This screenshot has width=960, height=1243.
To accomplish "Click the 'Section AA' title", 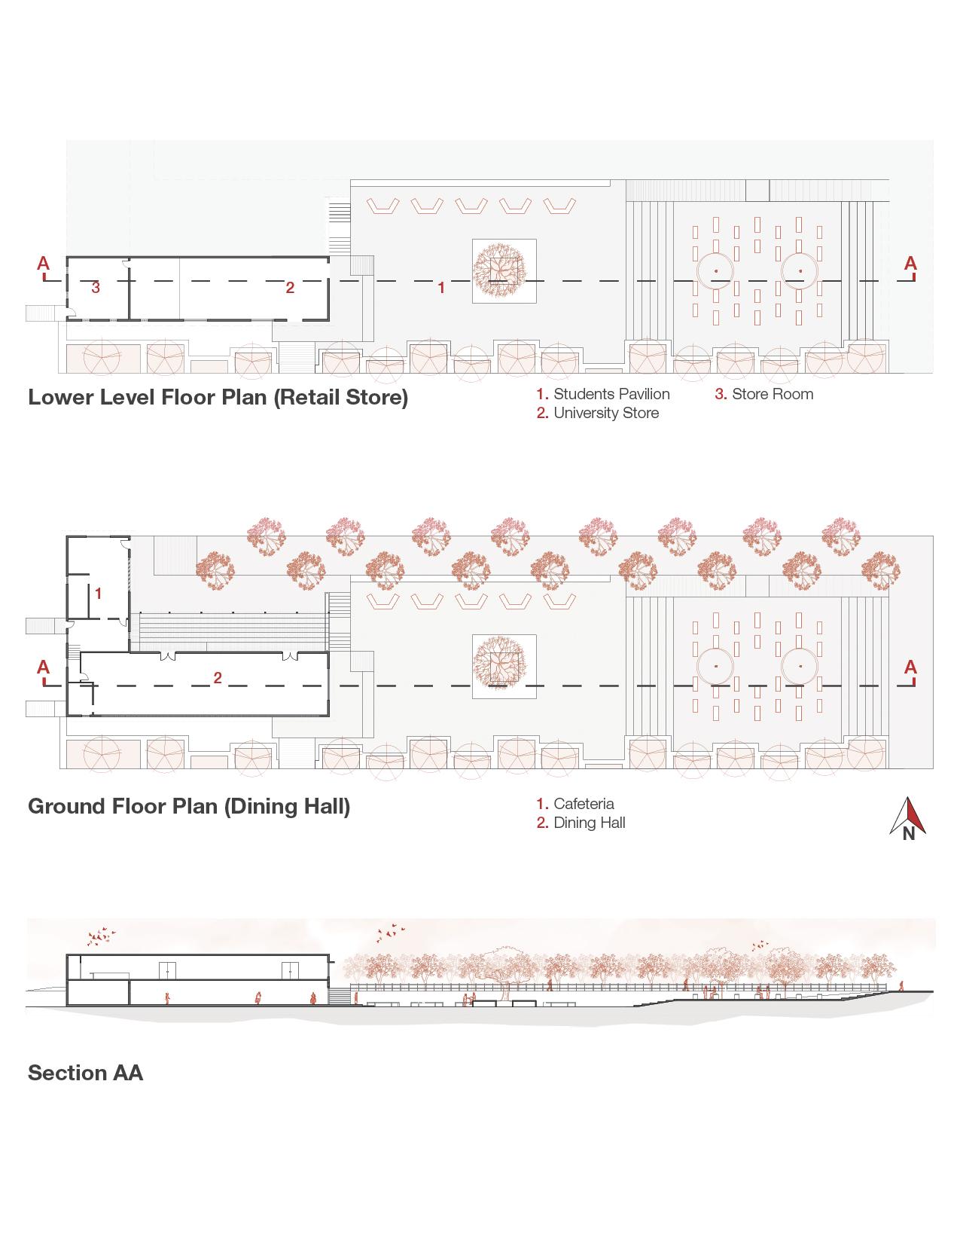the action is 85,1073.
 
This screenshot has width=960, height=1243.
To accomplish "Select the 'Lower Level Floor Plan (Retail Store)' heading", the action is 218,397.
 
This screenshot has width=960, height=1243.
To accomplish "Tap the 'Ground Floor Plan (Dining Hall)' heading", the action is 189,806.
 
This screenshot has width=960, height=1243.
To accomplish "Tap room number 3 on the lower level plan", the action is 96,287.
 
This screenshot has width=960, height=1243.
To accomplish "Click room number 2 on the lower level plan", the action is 290,287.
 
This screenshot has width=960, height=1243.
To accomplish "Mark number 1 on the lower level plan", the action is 442,287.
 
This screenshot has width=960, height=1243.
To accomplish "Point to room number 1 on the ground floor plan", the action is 98,594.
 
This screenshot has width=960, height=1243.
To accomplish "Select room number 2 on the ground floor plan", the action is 218,678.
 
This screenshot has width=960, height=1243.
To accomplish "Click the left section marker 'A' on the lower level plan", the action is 44,264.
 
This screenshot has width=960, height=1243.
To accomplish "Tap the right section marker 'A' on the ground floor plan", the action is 910,667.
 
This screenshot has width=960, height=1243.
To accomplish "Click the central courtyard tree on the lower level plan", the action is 504,270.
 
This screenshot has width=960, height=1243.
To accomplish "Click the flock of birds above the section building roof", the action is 102,936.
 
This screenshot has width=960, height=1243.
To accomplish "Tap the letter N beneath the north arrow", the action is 909,834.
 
